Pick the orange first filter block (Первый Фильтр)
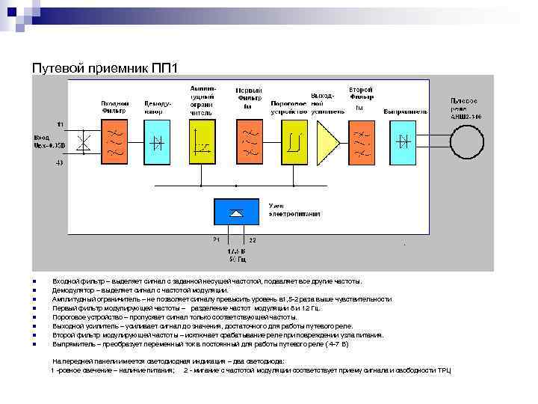247,140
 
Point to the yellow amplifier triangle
327,141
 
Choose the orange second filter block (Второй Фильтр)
362,140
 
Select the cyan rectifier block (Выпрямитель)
406,140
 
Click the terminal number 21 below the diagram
215,239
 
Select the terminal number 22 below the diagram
253,239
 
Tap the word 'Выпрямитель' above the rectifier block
406,111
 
